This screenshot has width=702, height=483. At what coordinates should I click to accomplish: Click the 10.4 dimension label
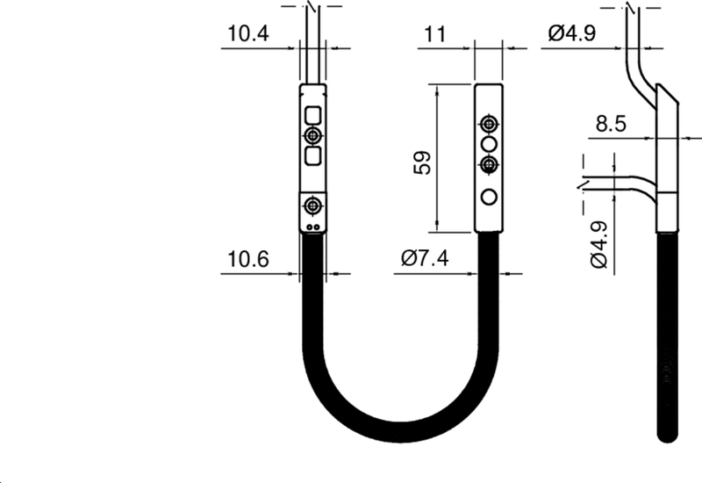coord(248,34)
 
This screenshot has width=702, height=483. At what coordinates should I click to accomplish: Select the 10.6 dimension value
coord(248,260)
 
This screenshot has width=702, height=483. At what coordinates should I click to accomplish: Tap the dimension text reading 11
coord(435,34)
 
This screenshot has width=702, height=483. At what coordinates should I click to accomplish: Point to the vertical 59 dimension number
coord(422,162)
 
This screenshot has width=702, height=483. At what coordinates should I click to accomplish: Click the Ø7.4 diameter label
coord(425,260)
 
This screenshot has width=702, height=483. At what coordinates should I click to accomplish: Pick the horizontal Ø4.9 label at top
coord(572,34)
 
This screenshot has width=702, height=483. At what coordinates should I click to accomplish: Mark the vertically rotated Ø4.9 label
coord(598,245)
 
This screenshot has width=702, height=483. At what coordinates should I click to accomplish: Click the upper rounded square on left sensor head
coord(312,114)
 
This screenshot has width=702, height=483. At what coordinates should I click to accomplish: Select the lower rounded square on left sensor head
coord(312,156)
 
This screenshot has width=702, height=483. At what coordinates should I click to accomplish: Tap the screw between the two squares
coord(312,135)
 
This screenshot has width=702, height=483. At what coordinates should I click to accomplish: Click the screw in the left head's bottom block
coord(312,205)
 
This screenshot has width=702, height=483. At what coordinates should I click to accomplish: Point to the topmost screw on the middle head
coord(490,121)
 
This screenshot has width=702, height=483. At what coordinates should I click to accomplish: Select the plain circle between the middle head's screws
coord(490,142)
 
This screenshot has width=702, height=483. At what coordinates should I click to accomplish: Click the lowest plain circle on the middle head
coord(490,196)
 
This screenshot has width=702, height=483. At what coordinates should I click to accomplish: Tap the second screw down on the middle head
coord(490,163)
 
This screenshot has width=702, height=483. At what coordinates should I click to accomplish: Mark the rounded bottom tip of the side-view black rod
coord(667,434)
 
